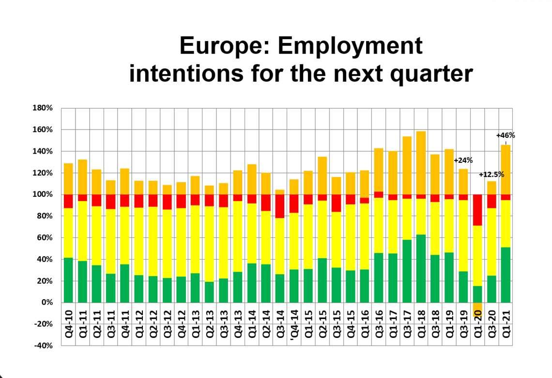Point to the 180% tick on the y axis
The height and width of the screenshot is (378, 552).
[43, 108]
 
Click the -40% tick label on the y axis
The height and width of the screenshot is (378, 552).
[43, 346]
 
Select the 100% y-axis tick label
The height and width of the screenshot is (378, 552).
[43, 194]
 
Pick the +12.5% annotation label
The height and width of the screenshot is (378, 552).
[491, 174]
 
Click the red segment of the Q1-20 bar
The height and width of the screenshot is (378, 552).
[477, 210]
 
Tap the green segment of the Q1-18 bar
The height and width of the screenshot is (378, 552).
[421, 268]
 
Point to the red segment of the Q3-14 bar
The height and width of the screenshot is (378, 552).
[280, 206]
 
